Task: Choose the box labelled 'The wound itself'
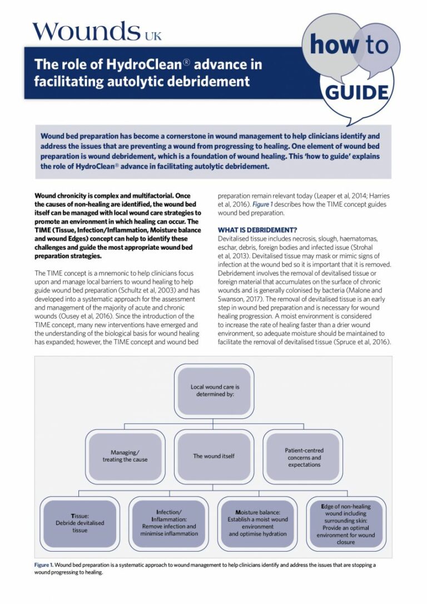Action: (x=213, y=456)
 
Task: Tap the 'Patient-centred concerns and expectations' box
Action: (x=304, y=457)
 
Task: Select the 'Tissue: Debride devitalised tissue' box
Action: (x=80, y=523)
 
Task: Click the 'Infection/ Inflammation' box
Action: (x=169, y=523)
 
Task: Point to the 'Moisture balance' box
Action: (x=257, y=523)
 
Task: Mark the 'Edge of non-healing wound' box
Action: (x=346, y=523)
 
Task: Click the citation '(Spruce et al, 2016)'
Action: (x=364, y=342)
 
